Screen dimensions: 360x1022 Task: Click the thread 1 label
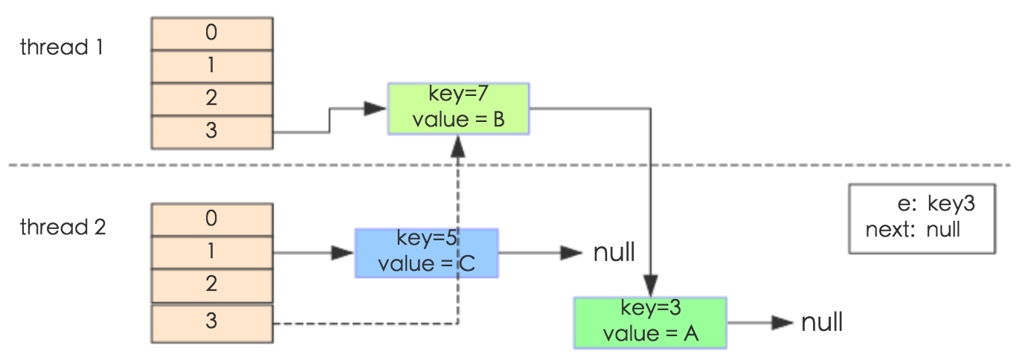(x=62, y=48)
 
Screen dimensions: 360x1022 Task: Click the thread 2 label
(x=62, y=227)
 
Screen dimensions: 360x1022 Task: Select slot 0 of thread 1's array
(x=212, y=33)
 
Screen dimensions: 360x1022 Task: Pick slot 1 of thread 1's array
(x=212, y=65)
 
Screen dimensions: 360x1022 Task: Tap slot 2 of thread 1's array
(x=212, y=98)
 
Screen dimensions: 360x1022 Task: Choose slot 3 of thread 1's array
(x=212, y=131)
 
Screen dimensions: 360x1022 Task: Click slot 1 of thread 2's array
(x=212, y=251)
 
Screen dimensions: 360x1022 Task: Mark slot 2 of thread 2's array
(x=212, y=283)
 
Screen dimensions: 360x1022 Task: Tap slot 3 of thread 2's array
(x=212, y=321)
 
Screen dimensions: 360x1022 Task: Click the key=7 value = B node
(x=458, y=109)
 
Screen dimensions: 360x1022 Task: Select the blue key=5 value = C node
(x=426, y=253)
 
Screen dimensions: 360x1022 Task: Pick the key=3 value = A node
(x=649, y=322)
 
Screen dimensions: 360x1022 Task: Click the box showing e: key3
(x=922, y=219)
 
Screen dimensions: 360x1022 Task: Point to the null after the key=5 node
(x=614, y=253)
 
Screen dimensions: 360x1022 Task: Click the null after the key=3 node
(x=822, y=322)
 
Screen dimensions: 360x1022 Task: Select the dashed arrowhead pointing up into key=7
(x=457, y=145)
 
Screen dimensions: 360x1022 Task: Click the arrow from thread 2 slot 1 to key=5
(x=312, y=253)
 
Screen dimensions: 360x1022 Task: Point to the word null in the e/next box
(x=942, y=230)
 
